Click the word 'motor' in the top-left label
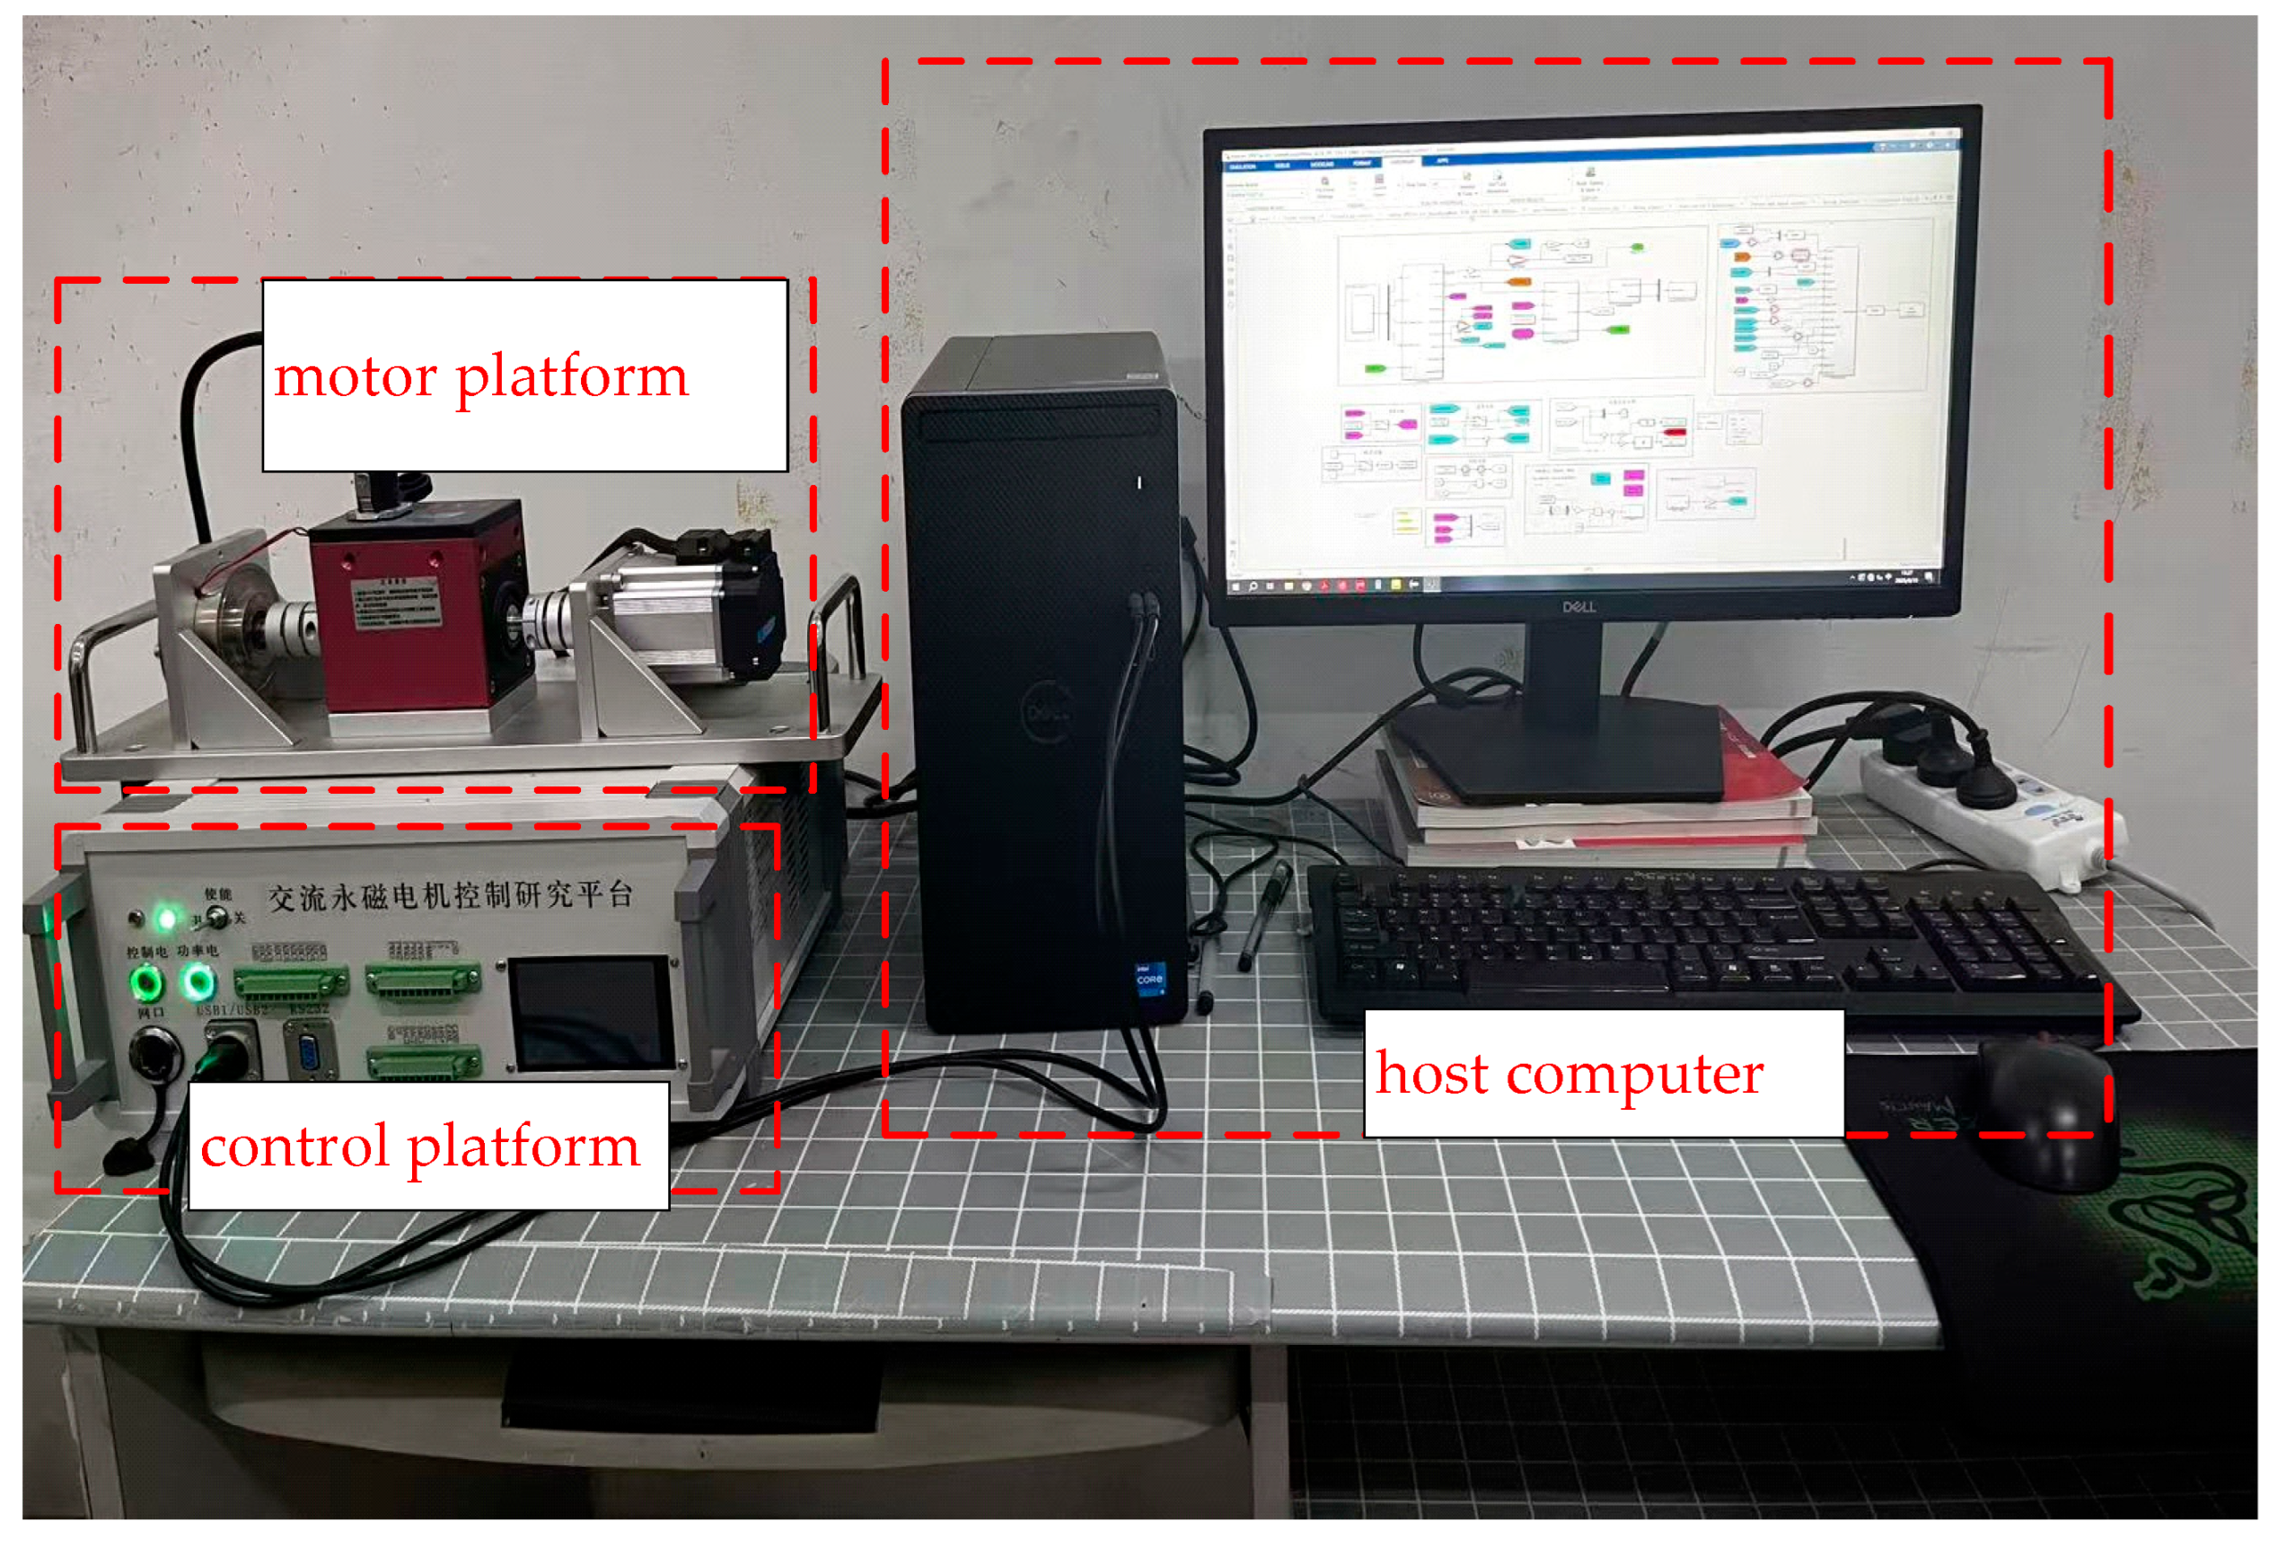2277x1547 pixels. click(355, 377)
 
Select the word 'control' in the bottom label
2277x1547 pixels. click(294, 1147)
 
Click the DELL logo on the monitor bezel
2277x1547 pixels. click(1578, 608)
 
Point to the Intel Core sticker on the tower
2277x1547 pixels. click(1149, 979)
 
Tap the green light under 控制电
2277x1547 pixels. click(146, 981)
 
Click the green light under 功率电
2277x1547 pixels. click(199, 980)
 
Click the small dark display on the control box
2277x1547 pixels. click(592, 1013)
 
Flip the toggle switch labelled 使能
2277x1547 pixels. click(217, 917)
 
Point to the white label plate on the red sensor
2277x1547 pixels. click(397, 603)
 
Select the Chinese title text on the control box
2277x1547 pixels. click(451, 895)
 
